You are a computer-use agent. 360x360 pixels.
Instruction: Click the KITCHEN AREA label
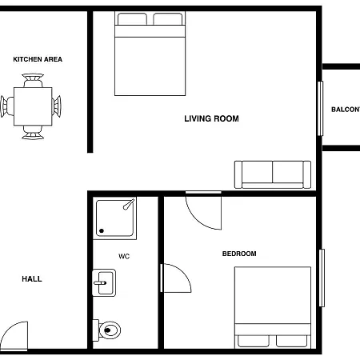[38, 59]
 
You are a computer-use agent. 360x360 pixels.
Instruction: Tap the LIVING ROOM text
[211, 118]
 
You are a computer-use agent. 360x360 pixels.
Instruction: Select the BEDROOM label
[239, 254]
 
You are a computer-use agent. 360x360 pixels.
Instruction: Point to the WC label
[124, 257]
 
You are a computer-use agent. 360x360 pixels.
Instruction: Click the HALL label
[32, 279]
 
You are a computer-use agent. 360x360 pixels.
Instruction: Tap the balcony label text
[346, 110]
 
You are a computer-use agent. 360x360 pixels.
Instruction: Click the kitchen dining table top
[33, 106]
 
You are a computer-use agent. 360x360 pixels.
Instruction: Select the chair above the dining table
[33, 80]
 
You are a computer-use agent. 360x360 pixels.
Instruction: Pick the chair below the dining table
[33, 133]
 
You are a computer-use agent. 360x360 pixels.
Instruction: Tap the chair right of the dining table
[57, 106]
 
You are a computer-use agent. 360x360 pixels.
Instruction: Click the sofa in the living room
[273, 174]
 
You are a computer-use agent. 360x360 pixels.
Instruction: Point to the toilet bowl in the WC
[110, 330]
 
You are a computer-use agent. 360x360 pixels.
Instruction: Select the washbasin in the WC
[104, 282]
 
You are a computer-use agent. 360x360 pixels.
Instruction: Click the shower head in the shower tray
[129, 204]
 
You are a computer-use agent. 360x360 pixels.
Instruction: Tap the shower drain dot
[102, 231]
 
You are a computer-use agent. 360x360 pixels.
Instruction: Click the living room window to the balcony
[320, 109]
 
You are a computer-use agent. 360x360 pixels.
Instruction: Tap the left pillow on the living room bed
[132, 19]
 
